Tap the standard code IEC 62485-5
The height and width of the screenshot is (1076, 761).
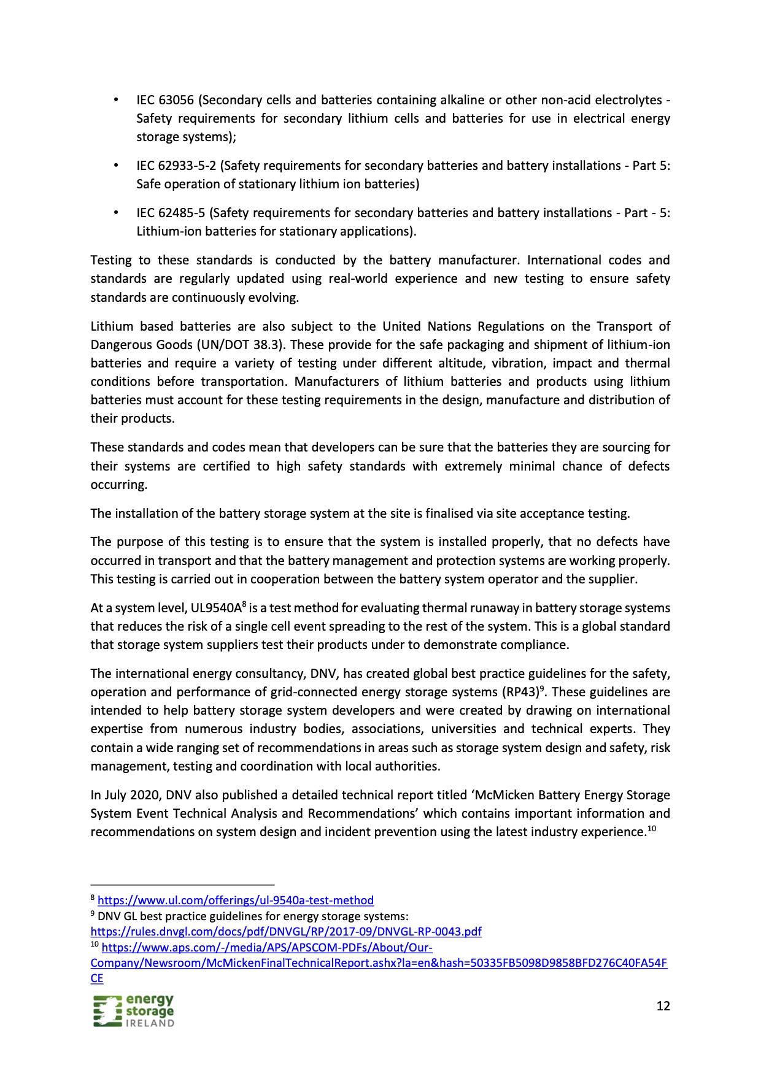(171, 213)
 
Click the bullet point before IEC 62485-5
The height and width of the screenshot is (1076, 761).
(116, 213)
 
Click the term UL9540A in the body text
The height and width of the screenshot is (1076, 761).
(216, 609)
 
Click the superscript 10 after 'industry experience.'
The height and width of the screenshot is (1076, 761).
(652, 829)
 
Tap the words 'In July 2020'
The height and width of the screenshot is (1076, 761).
(125, 795)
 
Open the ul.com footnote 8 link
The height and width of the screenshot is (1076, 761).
(235, 901)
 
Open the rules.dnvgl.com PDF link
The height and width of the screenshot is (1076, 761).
(285, 932)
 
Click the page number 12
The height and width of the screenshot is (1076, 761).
(663, 1006)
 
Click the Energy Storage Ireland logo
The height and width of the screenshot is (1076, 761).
(134, 1011)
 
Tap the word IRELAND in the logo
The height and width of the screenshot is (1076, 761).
(150, 1023)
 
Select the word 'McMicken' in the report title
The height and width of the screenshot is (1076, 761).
(504, 795)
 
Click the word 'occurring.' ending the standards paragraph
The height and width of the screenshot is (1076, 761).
(119, 485)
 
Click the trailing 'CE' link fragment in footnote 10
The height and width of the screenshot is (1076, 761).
(97, 978)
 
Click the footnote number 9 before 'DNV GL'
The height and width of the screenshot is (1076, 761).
(93, 915)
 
